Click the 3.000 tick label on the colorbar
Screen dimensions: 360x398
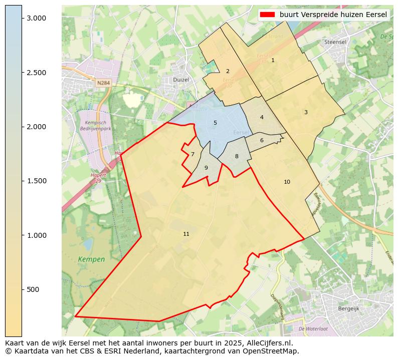click(36, 18)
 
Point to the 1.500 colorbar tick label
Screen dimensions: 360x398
click(36, 181)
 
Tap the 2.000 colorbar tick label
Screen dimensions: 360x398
click(36, 127)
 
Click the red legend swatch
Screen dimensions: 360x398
click(268, 15)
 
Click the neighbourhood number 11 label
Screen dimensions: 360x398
click(186, 234)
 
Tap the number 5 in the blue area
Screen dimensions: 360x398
click(215, 123)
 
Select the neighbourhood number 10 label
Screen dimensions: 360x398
click(287, 182)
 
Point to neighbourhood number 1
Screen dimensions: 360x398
click(273, 60)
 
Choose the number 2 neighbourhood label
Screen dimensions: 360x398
click(228, 71)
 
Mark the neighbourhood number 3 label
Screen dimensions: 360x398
click(306, 112)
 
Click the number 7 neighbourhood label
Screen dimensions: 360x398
click(192, 154)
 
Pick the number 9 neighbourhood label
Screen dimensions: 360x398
click(206, 168)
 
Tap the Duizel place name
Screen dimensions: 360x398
click(180, 79)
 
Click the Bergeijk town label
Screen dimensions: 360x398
click(349, 309)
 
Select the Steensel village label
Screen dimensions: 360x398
click(335, 42)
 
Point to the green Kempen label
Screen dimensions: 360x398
click(91, 259)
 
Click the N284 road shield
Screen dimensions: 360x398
click(103, 83)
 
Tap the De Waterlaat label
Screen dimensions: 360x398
click(313, 328)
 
